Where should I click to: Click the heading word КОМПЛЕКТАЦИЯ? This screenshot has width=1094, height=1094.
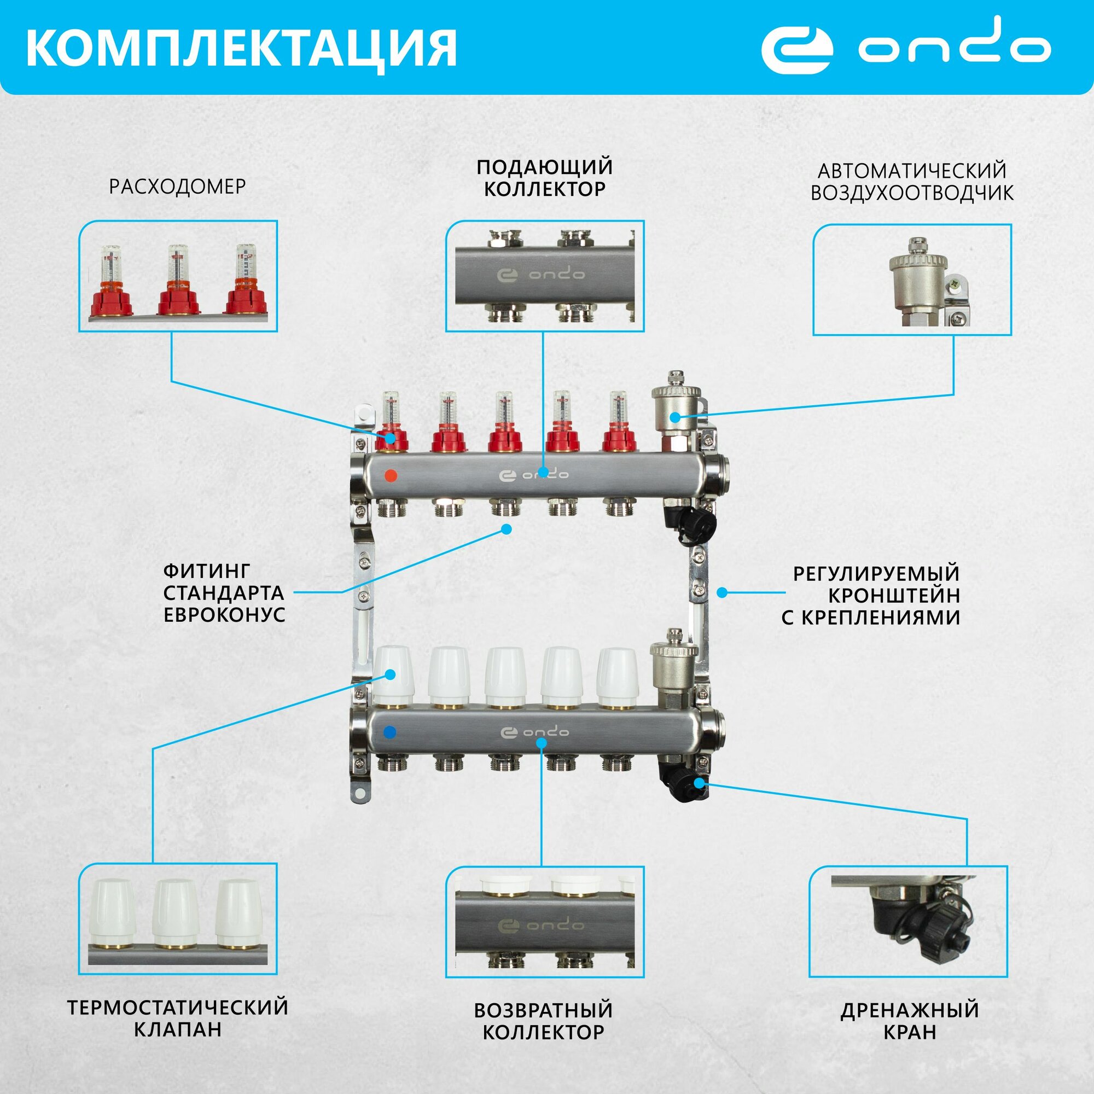241,49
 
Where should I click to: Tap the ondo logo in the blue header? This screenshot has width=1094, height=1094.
904,48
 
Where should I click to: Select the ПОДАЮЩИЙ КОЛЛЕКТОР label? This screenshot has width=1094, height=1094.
544,178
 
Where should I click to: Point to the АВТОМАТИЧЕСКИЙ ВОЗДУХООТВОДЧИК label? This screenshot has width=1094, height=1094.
912,182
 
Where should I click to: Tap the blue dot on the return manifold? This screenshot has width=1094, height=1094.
389,732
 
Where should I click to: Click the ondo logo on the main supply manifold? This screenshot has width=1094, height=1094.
533,474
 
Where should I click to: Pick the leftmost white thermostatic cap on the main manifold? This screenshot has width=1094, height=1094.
392,675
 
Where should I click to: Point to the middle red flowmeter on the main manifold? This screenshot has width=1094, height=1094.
505,430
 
